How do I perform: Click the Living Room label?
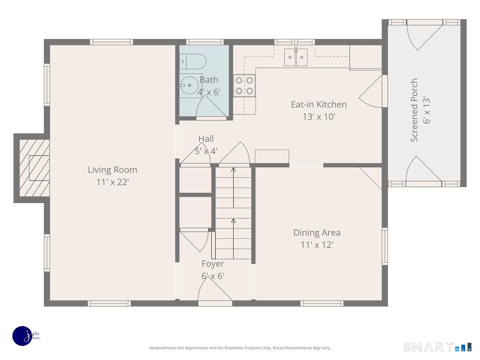112,170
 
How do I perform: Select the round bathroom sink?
189,85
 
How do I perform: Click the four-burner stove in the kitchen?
244,86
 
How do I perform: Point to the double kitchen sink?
296,57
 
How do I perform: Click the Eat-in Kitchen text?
319,104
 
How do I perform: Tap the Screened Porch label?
414,110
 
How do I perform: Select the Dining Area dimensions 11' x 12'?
317,245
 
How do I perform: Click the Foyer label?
213,264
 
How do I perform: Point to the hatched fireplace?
34,168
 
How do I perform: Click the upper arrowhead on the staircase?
233,169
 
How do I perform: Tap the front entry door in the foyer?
215,291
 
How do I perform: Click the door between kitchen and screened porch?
373,91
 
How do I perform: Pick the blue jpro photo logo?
23,336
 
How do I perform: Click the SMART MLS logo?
437,347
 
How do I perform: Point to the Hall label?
206,139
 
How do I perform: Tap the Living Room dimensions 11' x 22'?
113,182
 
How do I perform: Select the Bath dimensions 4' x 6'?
209,92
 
